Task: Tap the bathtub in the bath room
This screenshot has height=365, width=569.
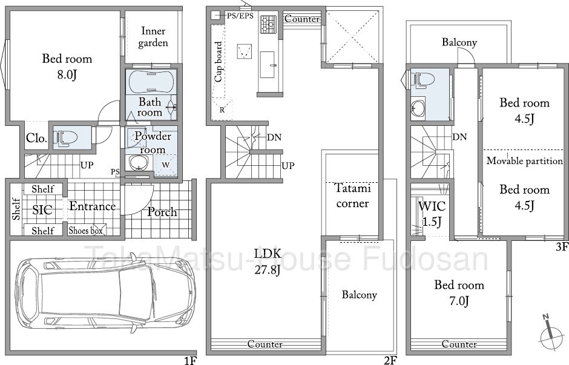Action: [151, 81]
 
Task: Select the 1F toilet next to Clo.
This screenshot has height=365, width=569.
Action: [66, 139]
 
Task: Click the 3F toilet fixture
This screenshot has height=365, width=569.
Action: [422, 80]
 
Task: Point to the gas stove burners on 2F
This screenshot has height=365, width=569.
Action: [268, 24]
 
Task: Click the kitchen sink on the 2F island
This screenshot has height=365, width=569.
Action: [268, 64]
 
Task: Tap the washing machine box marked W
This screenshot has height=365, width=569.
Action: [165, 165]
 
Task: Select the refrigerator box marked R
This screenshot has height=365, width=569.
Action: [222, 109]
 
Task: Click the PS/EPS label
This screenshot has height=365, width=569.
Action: [240, 16]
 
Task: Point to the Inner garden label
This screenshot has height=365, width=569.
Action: [153, 37]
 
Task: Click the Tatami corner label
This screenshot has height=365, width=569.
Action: [352, 196]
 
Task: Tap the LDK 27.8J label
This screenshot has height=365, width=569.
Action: [268, 261]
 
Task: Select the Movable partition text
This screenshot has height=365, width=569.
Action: [524, 160]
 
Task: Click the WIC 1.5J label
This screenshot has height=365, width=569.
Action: [432, 213]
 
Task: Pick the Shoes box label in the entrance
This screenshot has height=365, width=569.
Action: [85, 231]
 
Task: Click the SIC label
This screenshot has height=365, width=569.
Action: [42, 210]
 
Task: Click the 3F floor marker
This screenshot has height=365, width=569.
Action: [561, 247]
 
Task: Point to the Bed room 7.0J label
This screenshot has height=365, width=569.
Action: [459, 292]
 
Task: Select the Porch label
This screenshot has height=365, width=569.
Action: [162, 212]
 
